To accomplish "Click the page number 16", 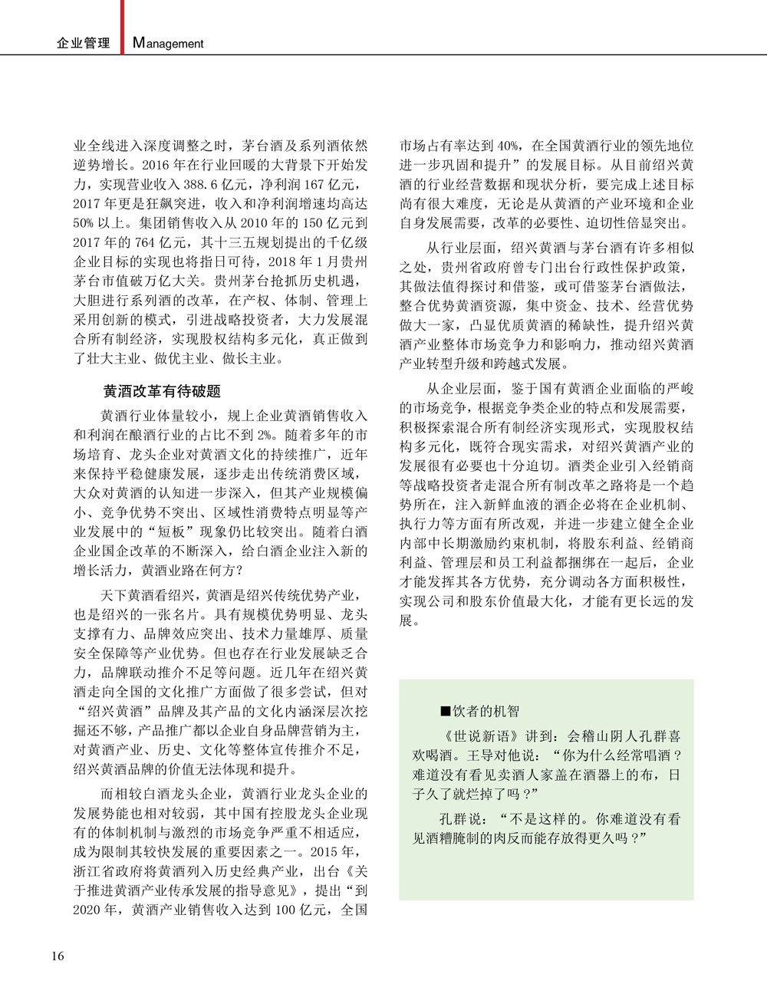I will [58, 956].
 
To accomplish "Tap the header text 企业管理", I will [84, 44].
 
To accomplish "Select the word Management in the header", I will [168, 44].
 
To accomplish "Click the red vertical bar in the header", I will [122, 27].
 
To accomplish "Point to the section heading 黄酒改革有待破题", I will [162, 391].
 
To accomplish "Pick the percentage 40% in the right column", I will [506, 146].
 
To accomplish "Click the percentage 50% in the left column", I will [84, 223].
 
